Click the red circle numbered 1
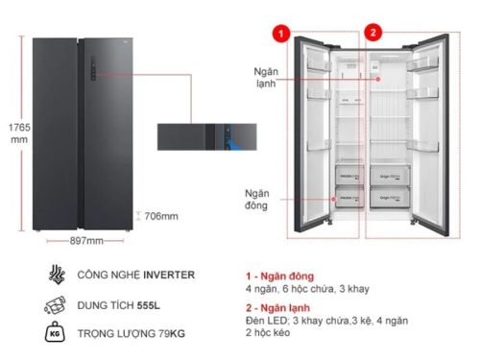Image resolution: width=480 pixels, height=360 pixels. point(280,33)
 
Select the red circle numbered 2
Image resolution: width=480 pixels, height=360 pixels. point(373,33)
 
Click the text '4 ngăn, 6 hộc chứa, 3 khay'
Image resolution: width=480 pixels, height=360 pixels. point(307,289)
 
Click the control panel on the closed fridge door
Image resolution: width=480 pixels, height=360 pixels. point(93,67)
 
